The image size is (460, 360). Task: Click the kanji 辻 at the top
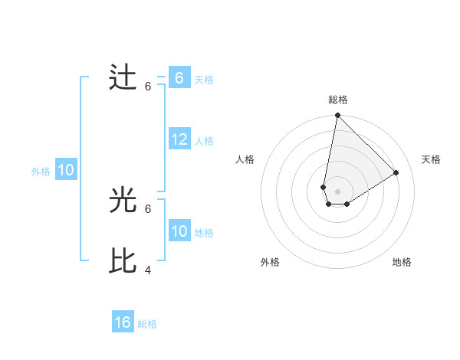[123, 78]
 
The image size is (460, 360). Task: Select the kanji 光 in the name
[123, 201]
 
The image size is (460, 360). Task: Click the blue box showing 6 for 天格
[179, 78]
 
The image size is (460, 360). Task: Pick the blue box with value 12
[179, 140]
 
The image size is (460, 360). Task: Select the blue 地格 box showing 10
[179, 232]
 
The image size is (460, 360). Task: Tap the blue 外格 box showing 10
[65, 171]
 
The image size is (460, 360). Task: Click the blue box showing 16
[123, 322]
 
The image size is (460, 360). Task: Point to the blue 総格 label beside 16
[147, 324]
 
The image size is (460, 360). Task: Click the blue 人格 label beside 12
[204, 141]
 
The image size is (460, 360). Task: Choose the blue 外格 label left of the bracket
[41, 172]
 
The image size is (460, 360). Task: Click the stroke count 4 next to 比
[148, 270]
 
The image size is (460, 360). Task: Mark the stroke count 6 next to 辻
[148, 86]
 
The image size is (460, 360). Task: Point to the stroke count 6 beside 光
[148, 208]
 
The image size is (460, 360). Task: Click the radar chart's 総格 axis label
[337, 100]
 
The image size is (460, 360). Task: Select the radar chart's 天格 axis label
[431, 159]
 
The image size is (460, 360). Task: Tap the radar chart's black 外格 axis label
[269, 262]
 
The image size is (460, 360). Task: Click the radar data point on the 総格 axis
[337, 116]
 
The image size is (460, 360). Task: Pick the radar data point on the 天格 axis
[396, 172]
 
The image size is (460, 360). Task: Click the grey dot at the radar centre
[337, 191]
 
